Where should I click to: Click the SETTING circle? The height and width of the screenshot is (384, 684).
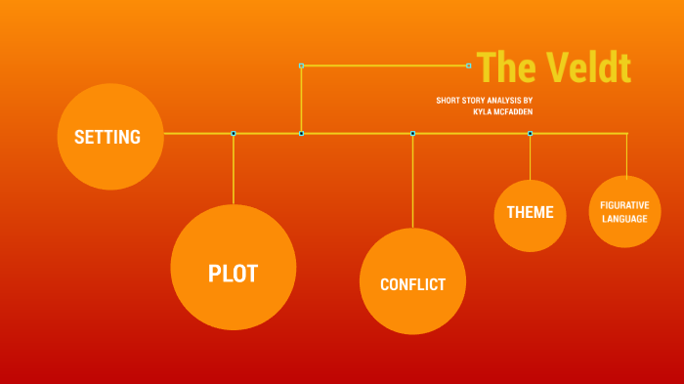[x=110, y=137]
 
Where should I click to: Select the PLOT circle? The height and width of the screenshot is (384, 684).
[x=234, y=268]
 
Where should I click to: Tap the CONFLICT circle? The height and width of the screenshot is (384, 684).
[x=412, y=282]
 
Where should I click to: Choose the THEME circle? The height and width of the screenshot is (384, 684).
[x=530, y=214]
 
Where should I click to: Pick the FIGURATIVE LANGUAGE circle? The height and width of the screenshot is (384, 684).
[x=624, y=211]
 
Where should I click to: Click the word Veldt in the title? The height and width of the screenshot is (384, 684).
[x=588, y=67]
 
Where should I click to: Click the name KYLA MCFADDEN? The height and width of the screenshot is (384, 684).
[x=502, y=112]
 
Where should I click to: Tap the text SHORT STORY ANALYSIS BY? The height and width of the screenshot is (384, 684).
[x=485, y=101]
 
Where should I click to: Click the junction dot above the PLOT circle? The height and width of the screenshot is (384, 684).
[x=234, y=133]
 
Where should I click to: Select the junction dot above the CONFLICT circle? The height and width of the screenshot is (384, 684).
[x=412, y=133]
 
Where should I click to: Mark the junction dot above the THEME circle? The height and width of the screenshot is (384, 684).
[x=530, y=133]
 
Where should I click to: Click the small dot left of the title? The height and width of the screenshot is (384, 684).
[x=469, y=65]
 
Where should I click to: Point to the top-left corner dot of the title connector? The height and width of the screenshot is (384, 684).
[x=301, y=65]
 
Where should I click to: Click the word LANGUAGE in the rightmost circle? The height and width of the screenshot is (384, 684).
[x=624, y=219]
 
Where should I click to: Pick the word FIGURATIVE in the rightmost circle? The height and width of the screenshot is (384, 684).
[x=624, y=204]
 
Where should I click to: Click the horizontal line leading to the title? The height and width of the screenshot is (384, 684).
[x=385, y=65]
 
